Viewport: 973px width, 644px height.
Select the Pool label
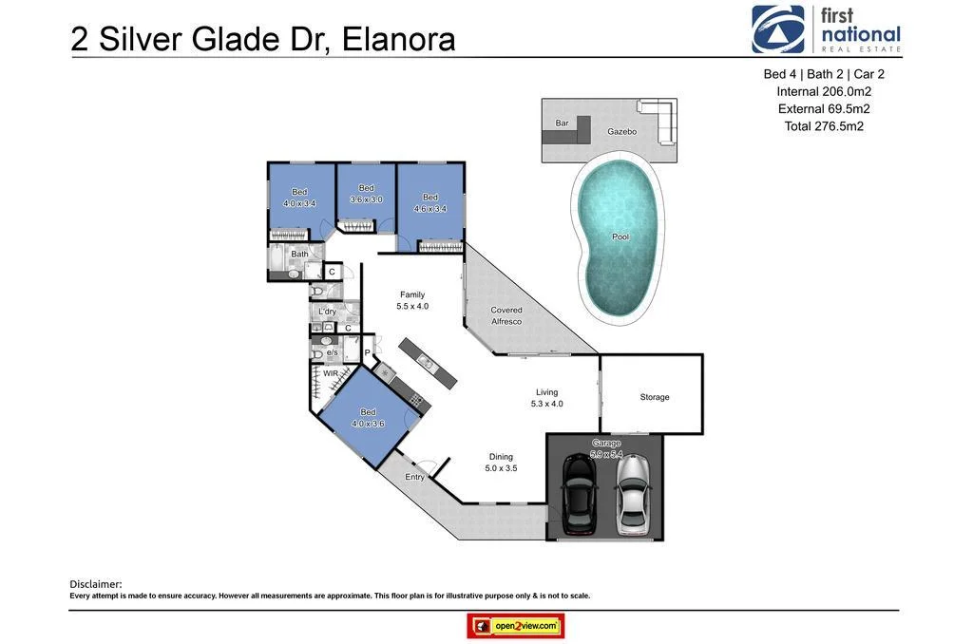coord(620,237)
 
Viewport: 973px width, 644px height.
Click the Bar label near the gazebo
coord(562,123)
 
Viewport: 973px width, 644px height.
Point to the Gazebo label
coord(622,132)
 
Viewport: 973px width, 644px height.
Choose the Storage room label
coord(654,397)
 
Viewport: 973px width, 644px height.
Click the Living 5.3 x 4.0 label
coord(546,397)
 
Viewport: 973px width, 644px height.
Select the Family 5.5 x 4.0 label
coord(412,300)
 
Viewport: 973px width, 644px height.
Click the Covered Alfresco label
coord(506,315)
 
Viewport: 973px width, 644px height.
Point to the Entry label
coord(414,477)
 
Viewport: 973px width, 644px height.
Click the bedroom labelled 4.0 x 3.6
coord(367,418)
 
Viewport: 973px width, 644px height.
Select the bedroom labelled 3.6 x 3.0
coord(366,194)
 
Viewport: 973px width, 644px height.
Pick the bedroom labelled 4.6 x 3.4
coord(429,202)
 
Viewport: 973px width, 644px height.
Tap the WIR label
coord(330,374)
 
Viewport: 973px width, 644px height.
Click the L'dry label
coord(328,312)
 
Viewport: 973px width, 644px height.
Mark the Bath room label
coord(299,254)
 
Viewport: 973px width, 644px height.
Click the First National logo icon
coord(777,29)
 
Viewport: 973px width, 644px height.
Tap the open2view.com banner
coord(515,627)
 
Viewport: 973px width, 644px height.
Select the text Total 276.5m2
coord(823,126)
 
